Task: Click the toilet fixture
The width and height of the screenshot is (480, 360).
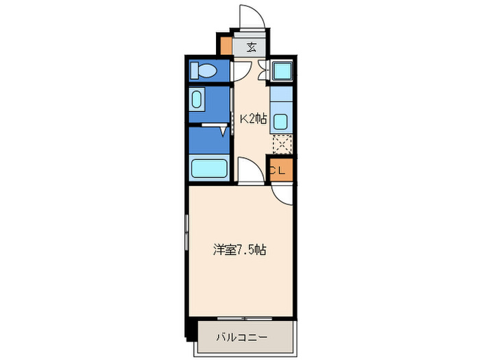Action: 204,70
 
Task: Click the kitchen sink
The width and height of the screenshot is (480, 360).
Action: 280,123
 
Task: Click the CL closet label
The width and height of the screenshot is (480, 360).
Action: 278,171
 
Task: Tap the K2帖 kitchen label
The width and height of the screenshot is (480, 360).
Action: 252,119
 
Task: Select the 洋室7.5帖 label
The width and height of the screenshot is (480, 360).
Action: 239,250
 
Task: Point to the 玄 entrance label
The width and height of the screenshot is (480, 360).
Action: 251,47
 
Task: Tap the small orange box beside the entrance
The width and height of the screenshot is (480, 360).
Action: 226,45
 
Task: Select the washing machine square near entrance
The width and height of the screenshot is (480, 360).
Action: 280,70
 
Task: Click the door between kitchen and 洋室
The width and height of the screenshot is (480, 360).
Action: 248,171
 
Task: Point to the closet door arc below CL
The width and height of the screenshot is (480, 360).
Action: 282,193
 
